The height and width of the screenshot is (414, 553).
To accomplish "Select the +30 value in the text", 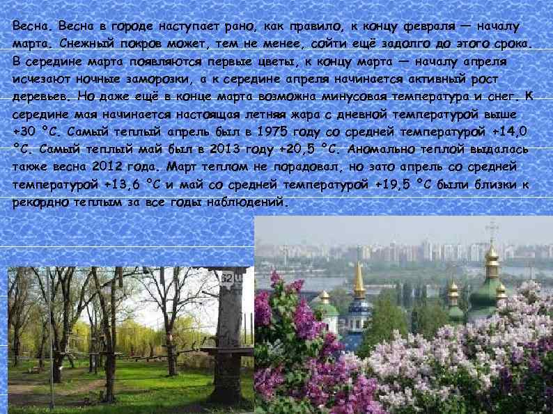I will click(x=26, y=132).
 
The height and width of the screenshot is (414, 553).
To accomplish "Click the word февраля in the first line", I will click(x=419, y=26).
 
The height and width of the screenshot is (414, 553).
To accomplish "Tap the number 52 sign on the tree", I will click(x=226, y=279).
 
